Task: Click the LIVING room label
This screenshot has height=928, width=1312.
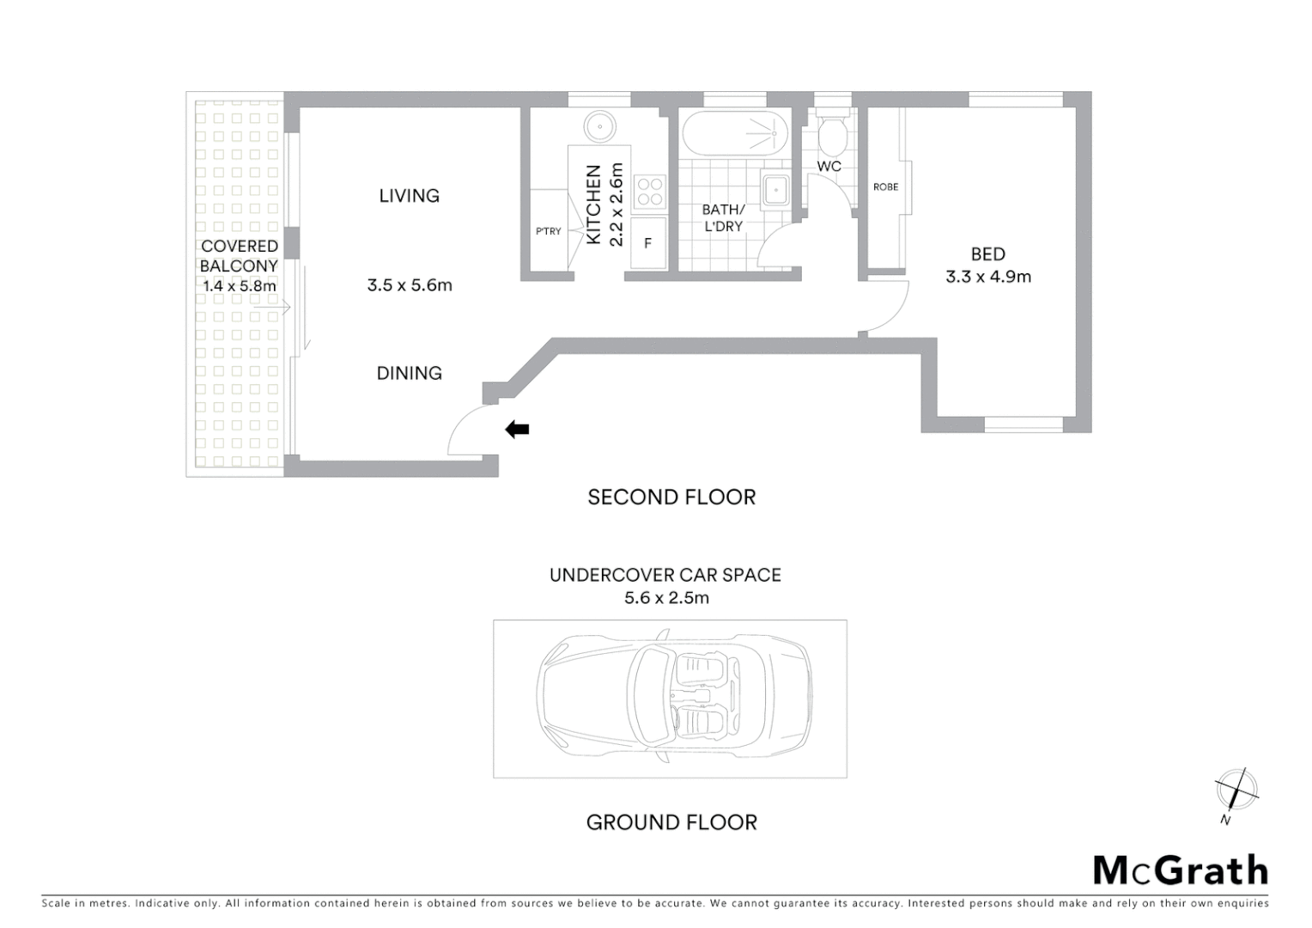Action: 409,196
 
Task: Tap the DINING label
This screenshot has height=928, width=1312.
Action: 409,373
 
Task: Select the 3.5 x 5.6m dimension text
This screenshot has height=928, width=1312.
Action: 409,285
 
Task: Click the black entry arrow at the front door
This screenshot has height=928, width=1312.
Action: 517,430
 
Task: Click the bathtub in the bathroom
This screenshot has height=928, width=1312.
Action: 735,133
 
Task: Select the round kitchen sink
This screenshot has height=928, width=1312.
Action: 599,127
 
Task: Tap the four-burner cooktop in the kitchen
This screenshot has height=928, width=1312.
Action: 649,192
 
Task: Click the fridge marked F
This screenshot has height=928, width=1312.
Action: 648,243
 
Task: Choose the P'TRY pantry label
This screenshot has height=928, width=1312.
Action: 548,231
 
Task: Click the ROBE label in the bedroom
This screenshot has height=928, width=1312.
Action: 885,187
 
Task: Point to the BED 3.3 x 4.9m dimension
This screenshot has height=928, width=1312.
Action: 987,277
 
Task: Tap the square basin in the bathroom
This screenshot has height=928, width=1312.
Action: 776,189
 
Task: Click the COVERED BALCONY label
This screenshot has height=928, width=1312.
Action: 239,256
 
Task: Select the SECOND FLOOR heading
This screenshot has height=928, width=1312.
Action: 671,498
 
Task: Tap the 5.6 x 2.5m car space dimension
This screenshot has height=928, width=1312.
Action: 666,598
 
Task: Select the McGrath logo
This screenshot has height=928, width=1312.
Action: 1180,870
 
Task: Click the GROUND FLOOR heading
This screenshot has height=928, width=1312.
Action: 671,822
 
